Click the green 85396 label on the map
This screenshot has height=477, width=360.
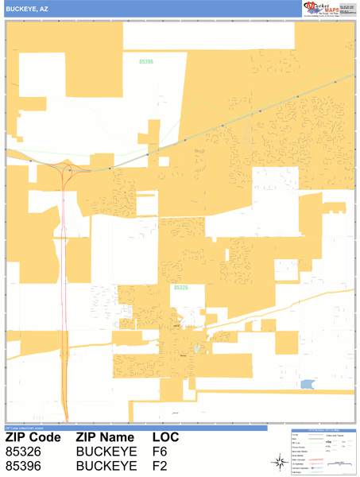[x=146, y=61]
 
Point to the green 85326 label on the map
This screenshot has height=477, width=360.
[x=180, y=288]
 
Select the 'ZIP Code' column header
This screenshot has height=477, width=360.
[x=33, y=438]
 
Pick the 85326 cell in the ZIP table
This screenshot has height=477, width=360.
[x=24, y=452]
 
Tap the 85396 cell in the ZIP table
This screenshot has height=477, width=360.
[x=24, y=465]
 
